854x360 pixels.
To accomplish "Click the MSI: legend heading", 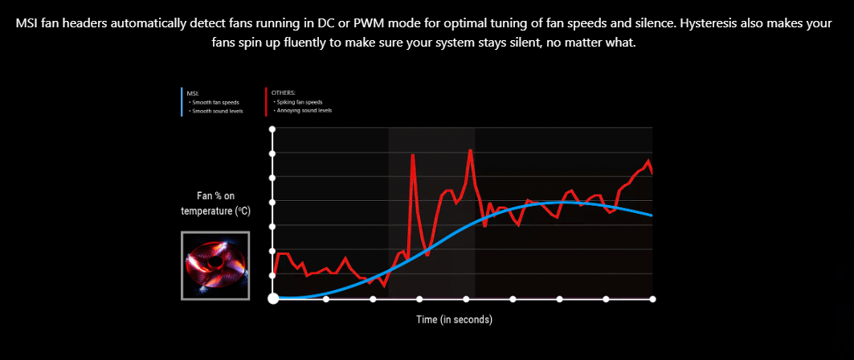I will click(x=193, y=94).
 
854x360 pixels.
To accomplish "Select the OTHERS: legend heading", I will click(x=284, y=94).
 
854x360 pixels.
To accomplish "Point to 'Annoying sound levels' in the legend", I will click(x=304, y=110).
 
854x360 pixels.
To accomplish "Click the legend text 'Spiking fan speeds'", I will click(x=300, y=102).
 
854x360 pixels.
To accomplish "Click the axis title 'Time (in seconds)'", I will click(x=454, y=320).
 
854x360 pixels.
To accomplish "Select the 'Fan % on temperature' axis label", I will click(x=215, y=203).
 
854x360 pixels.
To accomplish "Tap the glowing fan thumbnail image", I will click(x=215, y=266).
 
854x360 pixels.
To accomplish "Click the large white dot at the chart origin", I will click(x=273, y=299).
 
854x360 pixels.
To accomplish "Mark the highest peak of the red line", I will click(x=470, y=150).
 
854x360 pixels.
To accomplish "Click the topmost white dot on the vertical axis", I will click(x=273, y=129).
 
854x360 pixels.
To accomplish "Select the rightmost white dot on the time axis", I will click(x=652, y=299).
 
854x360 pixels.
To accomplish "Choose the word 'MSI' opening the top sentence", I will click(x=29, y=23).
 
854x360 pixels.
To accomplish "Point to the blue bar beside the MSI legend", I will click(x=182, y=102).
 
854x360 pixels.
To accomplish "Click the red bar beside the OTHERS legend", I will click(x=266, y=102).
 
